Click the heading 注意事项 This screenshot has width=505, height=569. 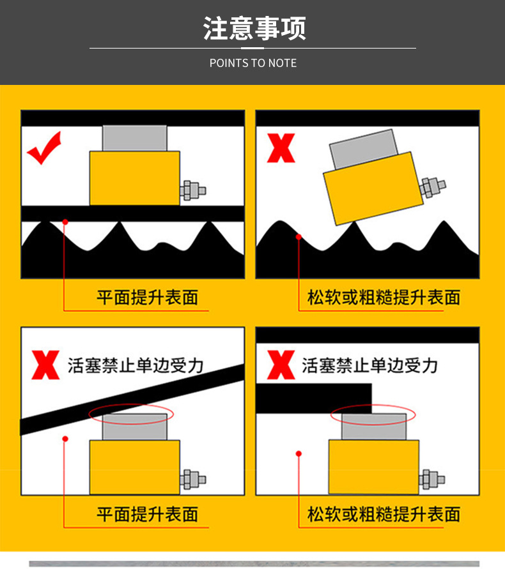[x=254, y=29]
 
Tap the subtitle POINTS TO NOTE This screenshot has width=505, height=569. [x=253, y=63]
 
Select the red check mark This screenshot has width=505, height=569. [x=44, y=148]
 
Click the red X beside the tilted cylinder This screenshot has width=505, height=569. [x=280, y=148]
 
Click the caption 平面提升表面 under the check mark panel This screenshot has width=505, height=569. [x=148, y=298]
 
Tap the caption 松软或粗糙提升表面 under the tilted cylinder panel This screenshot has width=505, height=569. [x=384, y=298]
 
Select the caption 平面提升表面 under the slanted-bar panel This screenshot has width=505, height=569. [x=148, y=514]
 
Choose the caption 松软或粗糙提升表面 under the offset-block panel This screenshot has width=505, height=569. [x=384, y=514]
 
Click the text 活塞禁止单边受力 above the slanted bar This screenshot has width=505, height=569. [x=136, y=365]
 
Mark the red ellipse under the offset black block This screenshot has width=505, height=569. [x=373, y=414]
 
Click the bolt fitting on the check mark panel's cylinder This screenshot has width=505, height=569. [x=192, y=190]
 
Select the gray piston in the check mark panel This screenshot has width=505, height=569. [x=134, y=138]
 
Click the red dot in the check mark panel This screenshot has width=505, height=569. [x=65, y=222]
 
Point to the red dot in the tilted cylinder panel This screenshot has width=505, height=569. [x=299, y=237]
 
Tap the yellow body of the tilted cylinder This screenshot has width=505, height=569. [x=373, y=189]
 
